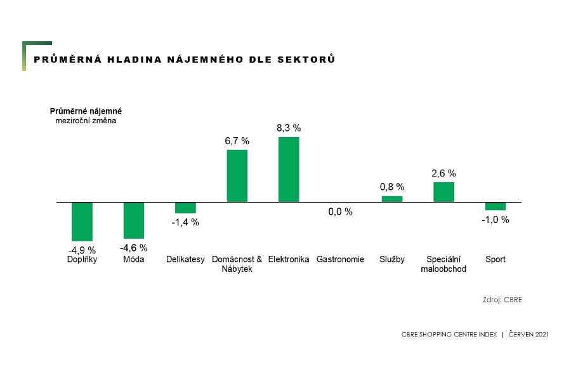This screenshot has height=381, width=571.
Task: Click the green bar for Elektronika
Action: click(289, 170)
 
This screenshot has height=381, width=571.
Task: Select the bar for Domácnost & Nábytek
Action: click(237, 176)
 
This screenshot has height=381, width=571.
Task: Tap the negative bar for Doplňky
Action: click(82, 222)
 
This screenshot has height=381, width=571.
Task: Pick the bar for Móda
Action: click(134, 220)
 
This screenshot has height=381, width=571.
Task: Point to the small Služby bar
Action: click(391, 199)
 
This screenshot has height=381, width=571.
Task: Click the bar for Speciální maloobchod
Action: click(443, 192)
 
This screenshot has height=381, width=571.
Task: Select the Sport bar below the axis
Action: click(496, 206)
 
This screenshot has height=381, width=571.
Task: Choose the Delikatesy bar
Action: click(185, 208)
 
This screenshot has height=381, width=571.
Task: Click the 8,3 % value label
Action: click(289, 128)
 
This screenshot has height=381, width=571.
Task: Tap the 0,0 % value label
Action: click(340, 212)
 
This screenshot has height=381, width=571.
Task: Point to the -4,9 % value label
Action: click(82, 250)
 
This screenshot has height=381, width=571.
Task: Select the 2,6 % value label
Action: click(444, 173)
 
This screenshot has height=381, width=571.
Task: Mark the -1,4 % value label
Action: click(185, 222)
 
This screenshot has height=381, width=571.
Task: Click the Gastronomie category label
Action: click(340, 260)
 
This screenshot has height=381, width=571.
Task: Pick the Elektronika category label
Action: click(289, 260)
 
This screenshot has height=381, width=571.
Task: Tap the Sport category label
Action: click(496, 260)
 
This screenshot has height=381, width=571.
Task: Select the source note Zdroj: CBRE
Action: click(502, 300)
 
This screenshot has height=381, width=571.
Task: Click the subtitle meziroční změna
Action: click(86, 120)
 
